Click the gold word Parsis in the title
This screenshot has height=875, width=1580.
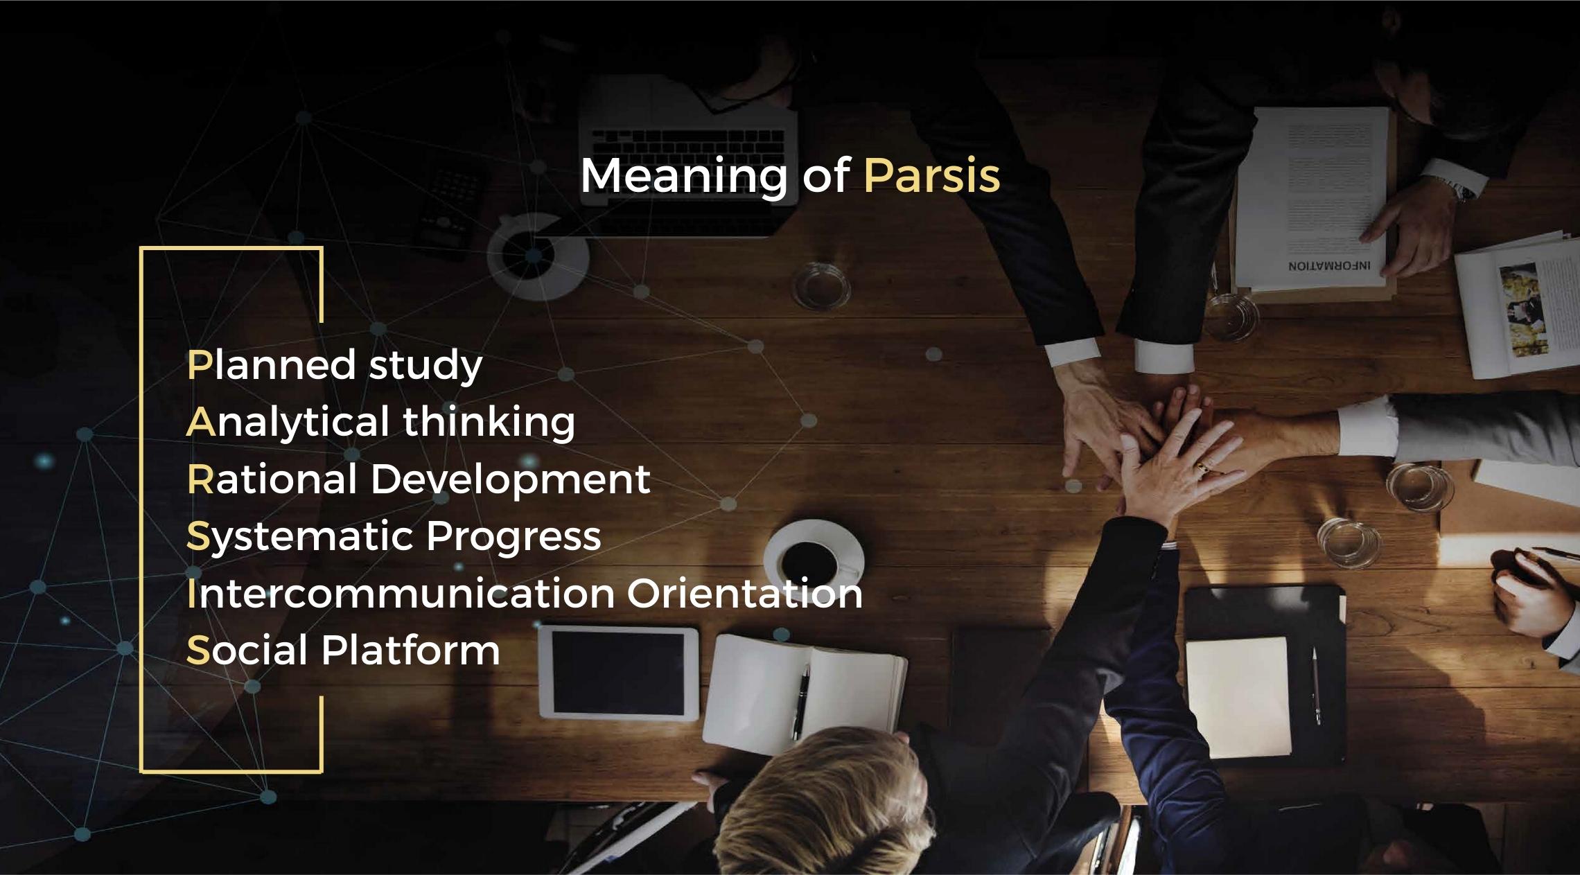[932, 175]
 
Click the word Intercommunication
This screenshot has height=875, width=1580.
[401, 594]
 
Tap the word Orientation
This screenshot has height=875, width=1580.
[745, 594]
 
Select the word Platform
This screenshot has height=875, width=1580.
[410, 651]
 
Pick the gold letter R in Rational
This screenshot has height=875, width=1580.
[200, 479]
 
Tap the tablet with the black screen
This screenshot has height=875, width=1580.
[619, 672]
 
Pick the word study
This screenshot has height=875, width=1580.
[425, 366]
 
